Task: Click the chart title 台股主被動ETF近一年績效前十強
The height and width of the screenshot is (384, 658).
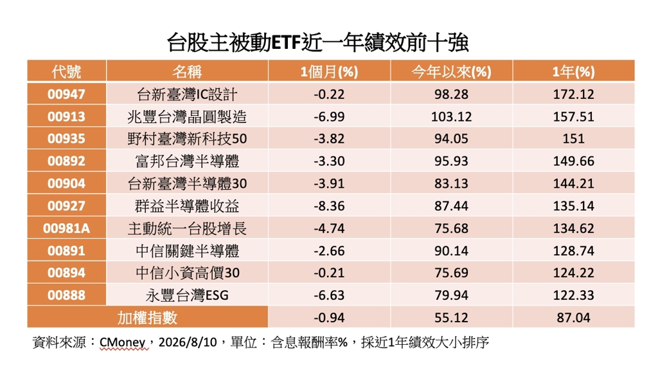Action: coord(317,43)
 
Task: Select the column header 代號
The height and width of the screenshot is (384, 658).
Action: coord(66,71)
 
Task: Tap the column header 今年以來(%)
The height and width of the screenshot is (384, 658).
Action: coord(451,72)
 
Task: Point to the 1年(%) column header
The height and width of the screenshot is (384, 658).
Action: coord(573,72)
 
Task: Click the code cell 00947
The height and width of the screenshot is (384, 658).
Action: coord(66,94)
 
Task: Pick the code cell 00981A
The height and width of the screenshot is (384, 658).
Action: coord(66,228)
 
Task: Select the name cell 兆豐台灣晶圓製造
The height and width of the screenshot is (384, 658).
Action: coord(187,116)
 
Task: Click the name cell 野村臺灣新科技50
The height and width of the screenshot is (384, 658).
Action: coord(187,139)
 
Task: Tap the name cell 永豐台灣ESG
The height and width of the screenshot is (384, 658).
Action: coord(187,295)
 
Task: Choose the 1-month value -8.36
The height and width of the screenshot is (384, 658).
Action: coord(329,206)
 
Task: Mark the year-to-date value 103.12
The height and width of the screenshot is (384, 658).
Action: coord(451,116)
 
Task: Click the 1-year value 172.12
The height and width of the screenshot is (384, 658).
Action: coord(573,94)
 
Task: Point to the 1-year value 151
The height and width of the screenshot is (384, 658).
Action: coord(573,139)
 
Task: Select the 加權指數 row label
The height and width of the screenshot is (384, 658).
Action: coord(147,318)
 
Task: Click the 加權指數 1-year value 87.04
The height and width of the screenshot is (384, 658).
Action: coord(573,318)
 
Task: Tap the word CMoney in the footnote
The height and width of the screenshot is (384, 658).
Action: coord(123,342)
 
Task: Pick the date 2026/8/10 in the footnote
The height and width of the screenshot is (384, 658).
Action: coord(188,342)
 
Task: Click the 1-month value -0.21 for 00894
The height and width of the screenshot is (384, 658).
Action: coord(329,273)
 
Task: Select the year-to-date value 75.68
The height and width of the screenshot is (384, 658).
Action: coord(451,228)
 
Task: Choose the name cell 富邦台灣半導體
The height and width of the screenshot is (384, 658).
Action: coord(187,161)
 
